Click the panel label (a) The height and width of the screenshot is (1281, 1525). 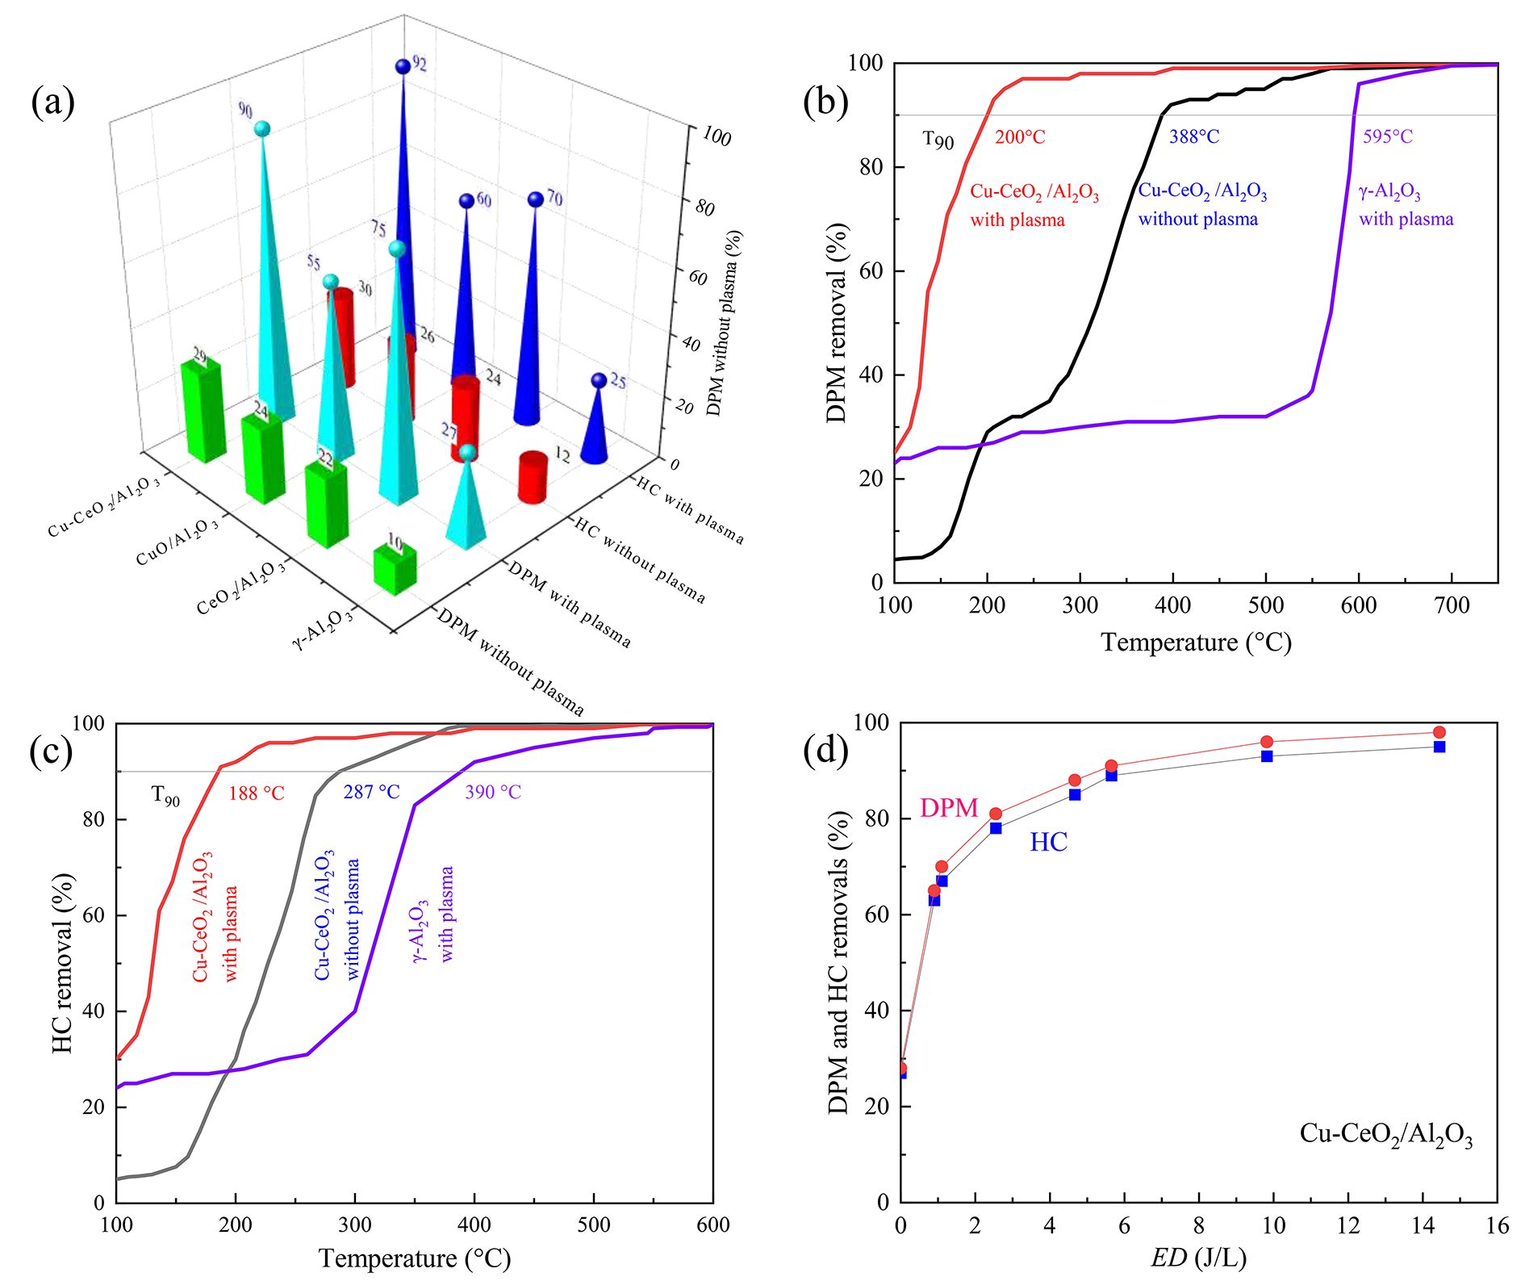pyautogui.click(x=53, y=103)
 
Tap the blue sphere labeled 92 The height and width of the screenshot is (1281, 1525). pyautogui.click(x=403, y=66)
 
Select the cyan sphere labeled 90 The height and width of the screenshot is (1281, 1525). pyautogui.click(x=261, y=129)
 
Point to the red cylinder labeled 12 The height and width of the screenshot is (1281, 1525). pyautogui.click(x=533, y=477)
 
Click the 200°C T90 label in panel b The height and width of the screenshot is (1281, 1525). pyautogui.click(x=1020, y=137)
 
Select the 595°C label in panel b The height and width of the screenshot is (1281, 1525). pyautogui.click(x=1388, y=136)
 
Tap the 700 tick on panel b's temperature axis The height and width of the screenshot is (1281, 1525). pyautogui.click(x=1452, y=605)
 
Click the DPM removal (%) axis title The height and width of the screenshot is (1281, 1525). pyautogui.click(x=838, y=322)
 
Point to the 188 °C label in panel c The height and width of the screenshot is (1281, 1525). pyautogui.click(x=257, y=793)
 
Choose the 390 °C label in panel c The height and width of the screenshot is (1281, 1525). pyautogui.click(x=492, y=792)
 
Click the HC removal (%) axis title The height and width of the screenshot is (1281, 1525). pyautogui.click(x=63, y=962)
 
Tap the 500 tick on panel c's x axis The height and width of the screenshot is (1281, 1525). pyautogui.click(x=594, y=1224)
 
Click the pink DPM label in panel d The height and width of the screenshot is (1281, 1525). pyautogui.click(x=949, y=808)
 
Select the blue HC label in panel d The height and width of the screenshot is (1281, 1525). pyautogui.click(x=1048, y=843)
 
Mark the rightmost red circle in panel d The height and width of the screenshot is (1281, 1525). pyautogui.click(x=1439, y=733)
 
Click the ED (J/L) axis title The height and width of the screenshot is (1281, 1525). pyautogui.click(x=1198, y=1258)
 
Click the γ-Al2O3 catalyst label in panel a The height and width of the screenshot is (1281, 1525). pyautogui.click(x=323, y=629)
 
